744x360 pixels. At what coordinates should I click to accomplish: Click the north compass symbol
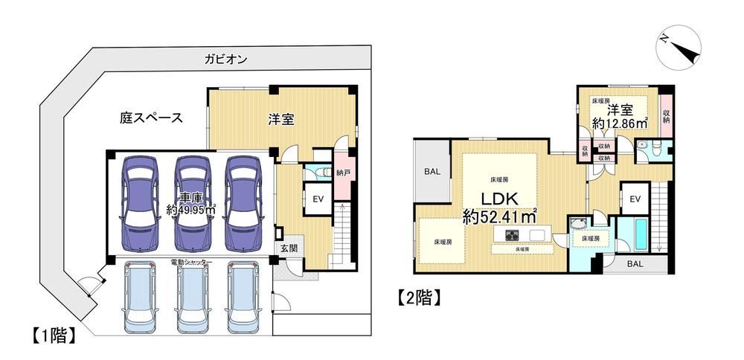[x=678, y=48]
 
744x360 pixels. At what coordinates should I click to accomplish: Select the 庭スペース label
[x=151, y=118]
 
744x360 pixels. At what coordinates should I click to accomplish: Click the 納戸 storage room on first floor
[x=342, y=173]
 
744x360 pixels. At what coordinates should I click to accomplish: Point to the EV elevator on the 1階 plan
[x=318, y=199]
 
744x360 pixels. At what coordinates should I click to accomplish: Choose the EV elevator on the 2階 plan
[x=635, y=198]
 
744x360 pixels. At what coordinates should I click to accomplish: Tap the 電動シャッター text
[x=191, y=262]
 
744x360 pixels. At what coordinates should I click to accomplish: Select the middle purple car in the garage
[x=192, y=204]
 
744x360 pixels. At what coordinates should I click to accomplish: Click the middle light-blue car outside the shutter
[x=193, y=298]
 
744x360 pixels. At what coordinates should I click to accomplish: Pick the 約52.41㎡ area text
[x=500, y=217]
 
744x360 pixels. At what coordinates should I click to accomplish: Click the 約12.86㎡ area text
[x=620, y=123]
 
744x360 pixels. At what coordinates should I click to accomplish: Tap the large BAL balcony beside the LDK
[x=432, y=172]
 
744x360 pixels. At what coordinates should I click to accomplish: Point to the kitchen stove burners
[x=513, y=234]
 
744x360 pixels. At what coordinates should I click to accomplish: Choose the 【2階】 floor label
[x=418, y=298]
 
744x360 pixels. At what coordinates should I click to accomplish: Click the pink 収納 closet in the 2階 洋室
[x=666, y=116]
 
